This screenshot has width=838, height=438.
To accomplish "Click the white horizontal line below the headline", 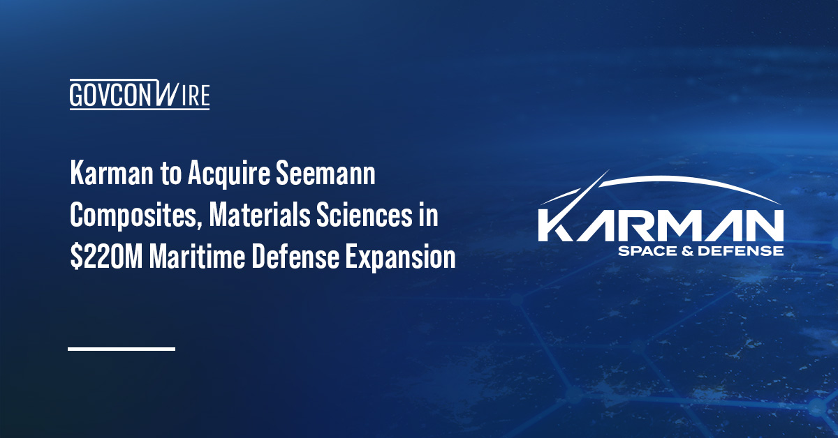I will coord(122,348).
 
